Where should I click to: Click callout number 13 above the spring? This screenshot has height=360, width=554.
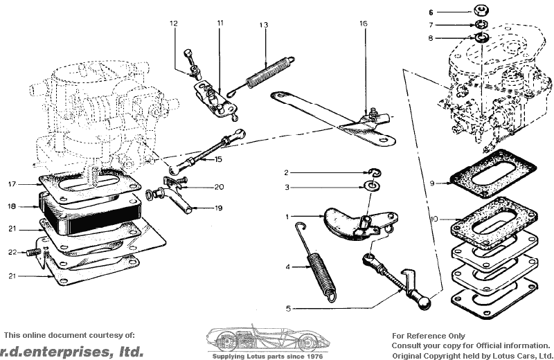264,25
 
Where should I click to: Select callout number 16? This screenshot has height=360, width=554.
363,24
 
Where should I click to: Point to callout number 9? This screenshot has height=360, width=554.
431,183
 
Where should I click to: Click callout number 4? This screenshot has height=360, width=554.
287,266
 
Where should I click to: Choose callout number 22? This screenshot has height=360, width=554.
12,252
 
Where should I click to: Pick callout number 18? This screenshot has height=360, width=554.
12,206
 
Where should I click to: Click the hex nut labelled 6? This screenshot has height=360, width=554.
480,10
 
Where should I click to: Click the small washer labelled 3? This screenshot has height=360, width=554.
373,186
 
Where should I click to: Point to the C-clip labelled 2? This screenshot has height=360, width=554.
373,172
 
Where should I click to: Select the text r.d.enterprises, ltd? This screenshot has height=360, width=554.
72,350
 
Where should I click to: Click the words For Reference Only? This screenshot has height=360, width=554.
429,335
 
